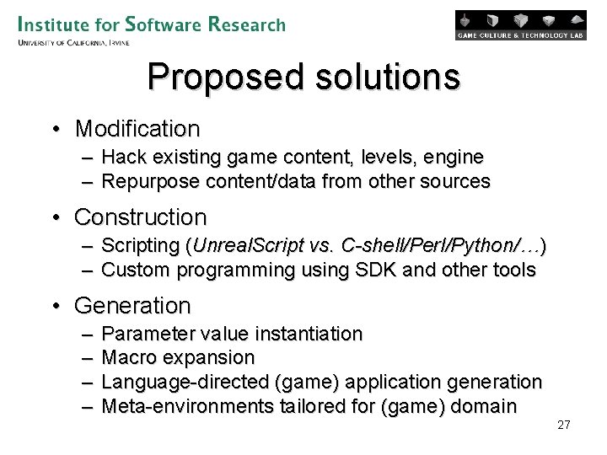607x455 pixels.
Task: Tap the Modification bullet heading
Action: coord(137,129)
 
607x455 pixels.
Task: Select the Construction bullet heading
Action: coord(140,217)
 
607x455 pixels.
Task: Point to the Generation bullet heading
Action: coord(132,305)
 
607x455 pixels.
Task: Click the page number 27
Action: coord(564,425)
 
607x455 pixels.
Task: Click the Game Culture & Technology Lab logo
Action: coord(520,25)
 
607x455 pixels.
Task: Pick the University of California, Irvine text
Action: coord(73,42)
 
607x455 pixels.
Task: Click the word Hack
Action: coord(123,157)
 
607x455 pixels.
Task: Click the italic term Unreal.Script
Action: coord(243,246)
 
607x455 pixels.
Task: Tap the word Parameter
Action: coord(148,335)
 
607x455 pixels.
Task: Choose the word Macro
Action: coord(126,358)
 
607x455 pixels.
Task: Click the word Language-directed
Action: coord(185,383)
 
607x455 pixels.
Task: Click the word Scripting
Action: coord(139,246)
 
